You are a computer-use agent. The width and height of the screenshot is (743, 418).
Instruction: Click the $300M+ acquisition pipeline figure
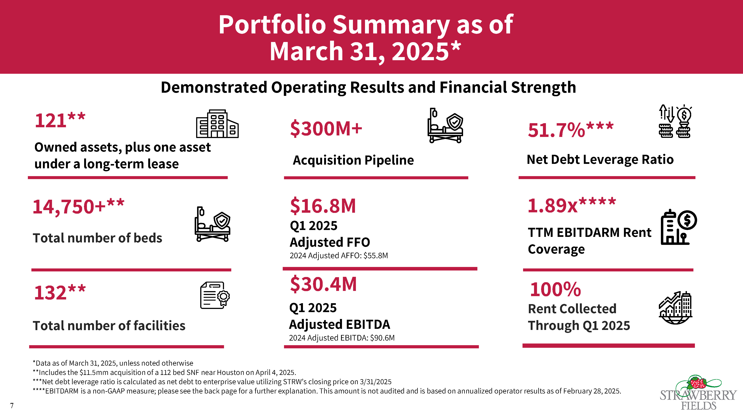[x=326, y=129]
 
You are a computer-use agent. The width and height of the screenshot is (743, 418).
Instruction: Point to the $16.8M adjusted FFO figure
[x=323, y=206]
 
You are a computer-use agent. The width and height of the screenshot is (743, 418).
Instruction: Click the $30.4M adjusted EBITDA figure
[x=323, y=284]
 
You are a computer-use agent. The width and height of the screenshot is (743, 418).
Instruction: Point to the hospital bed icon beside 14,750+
[x=212, y=224]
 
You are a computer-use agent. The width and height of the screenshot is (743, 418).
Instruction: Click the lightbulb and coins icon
[x=675, y=121]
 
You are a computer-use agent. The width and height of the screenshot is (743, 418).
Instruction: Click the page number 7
[x=12, y=406]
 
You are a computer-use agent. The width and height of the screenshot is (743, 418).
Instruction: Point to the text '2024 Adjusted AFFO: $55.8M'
[x=339, y=256]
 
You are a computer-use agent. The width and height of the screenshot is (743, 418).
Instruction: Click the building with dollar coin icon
[x=678, y=228]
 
